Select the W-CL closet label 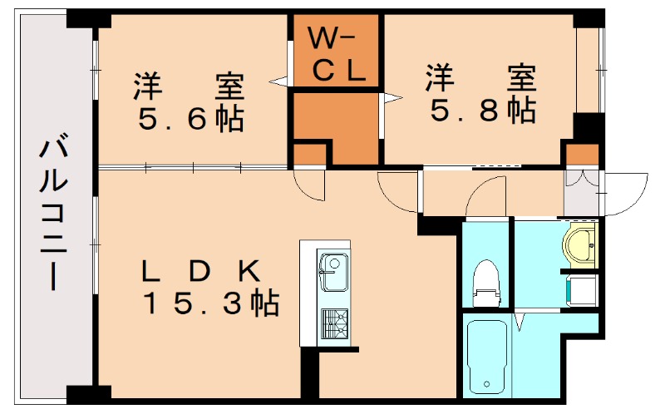(x=334, y=54)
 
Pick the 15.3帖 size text (x=211, y=304)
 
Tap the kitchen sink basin (x=334, y=273)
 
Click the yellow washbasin (x=580, y=244)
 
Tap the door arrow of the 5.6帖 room (x=279, y=81)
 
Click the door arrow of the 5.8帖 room (x=391, y=99)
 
